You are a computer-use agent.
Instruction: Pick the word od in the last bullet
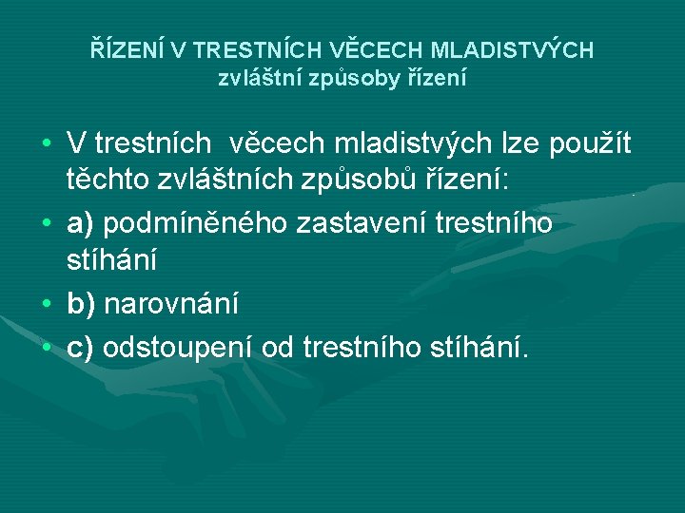279,347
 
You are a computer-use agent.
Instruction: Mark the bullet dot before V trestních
45,143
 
